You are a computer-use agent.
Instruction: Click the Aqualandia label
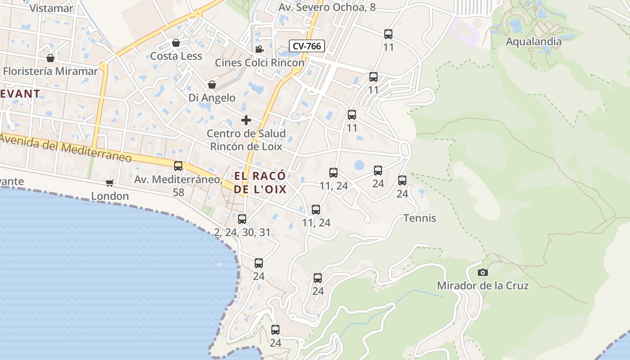pos(534,42)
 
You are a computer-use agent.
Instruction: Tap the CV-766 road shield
pos(306,46)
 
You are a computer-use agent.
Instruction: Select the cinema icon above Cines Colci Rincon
pos(259,49)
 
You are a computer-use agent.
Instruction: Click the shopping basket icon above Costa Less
pos(176,43)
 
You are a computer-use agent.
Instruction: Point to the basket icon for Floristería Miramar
pos(50,58)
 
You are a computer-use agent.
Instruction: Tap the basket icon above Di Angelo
pos(211,85)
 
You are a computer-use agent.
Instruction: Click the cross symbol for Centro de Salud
pos(246,120)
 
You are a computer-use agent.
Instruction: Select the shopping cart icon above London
pos(110,183)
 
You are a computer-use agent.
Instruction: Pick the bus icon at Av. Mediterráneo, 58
pos(178,166)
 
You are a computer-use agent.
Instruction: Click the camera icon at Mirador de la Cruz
pos(482,272)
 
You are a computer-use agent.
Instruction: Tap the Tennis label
pos(419,218)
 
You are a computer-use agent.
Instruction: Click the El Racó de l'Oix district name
pos(260,182)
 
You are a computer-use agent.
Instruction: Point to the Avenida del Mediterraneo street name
pos(66,148)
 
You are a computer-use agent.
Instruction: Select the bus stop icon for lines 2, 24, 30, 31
pos(242,219)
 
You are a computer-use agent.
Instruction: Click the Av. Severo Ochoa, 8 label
pos(327,8)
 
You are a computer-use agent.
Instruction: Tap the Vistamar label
pos(51,8)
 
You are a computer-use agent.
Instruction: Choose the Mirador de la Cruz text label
pos(483,286)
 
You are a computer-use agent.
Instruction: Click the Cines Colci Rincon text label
pos(260,63)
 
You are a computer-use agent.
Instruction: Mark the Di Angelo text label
pos(211,98)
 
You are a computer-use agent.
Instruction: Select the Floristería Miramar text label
pos(50,71)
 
